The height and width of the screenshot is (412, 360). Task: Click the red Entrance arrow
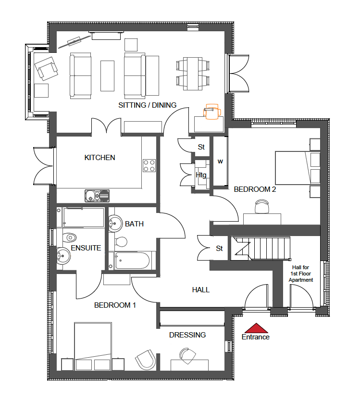[x=256, y=328]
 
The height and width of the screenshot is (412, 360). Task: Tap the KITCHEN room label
[x=99, y=158]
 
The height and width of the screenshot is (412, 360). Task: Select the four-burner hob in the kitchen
[x=149, y=165]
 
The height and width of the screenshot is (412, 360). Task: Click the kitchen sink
[x=97, y=196]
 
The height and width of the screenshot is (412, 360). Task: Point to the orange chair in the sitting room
[x=211, y=112]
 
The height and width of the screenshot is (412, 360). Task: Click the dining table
[x=193, y=74]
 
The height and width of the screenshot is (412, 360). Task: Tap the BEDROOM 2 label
[x=255, y=189]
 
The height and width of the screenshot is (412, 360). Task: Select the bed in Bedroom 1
[x=93, y=346]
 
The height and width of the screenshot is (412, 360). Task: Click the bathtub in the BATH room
[x=133, y=261]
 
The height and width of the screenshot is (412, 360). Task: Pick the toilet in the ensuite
[x=70, y=238]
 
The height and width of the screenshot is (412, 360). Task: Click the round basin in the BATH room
[x=115, y=224]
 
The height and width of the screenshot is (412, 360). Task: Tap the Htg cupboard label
[x=201, y=175]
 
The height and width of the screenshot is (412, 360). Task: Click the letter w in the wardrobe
[x=220, y=162]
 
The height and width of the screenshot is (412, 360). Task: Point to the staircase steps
[x=271, y=248]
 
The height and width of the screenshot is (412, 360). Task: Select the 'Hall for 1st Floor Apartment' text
[x=300, y=274]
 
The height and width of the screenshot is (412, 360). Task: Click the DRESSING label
[x=187, y=335]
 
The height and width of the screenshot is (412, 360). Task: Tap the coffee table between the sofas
[x=108, y=76]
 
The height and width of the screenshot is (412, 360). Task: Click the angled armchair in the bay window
[x=46, y=69]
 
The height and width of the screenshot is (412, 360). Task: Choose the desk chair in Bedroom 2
[x=262, y=207]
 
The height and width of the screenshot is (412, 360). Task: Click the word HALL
[x=201, y=290]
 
